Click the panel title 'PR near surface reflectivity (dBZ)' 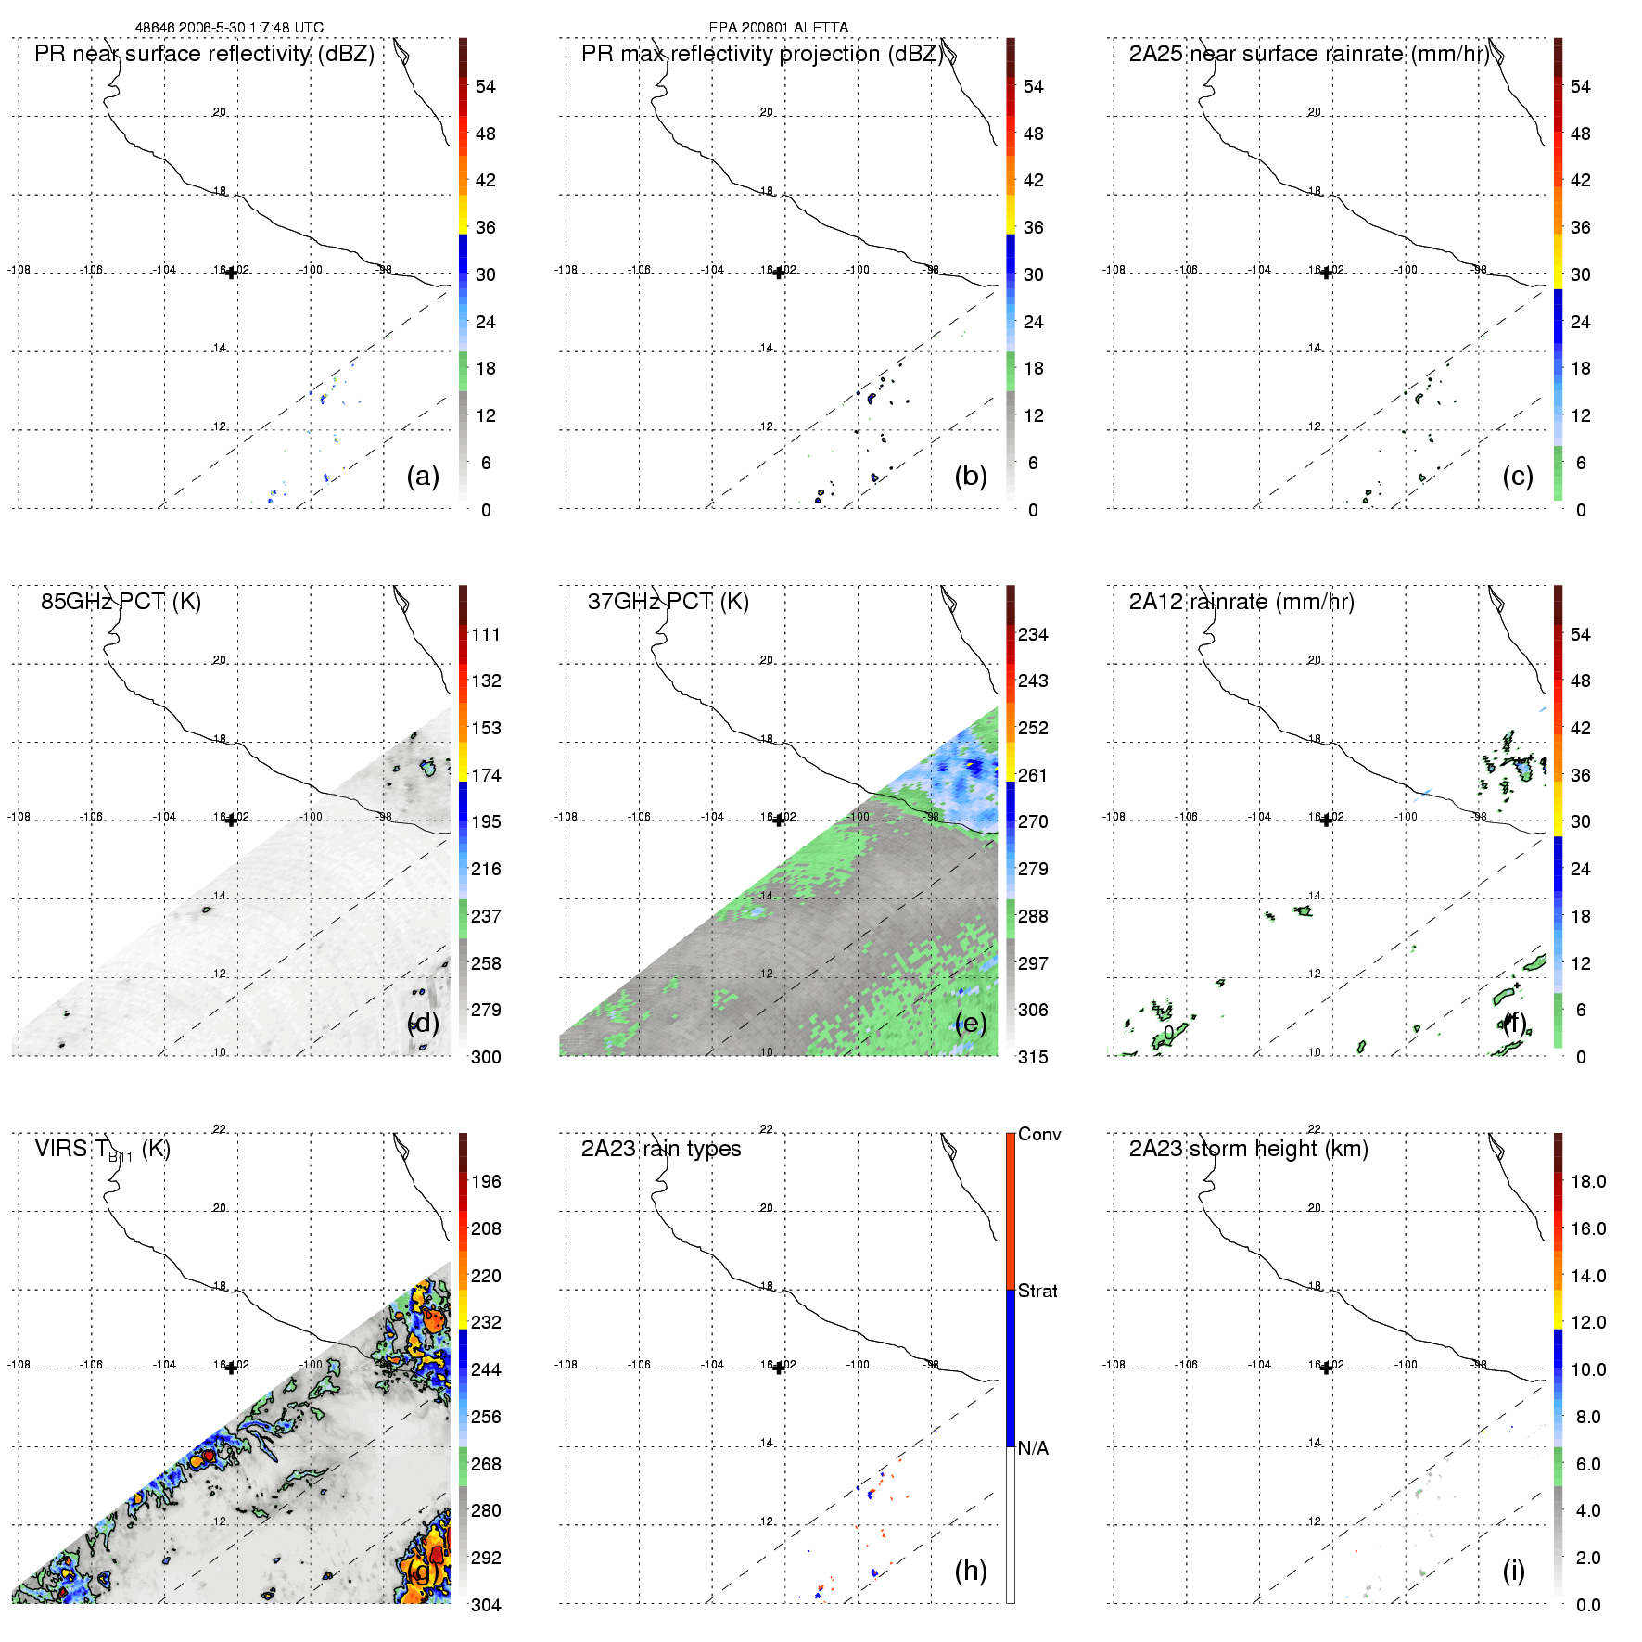[204, 54]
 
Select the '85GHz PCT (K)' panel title [121, 602]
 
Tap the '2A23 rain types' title [661, 1149]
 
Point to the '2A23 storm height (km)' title [1248, 1149]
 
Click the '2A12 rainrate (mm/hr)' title [1241, 602]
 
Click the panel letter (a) [423, 476]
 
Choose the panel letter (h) [971, 1571]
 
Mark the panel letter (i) [1513, 1571]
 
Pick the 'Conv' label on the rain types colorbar [1039, 1134]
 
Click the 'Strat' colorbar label [1037, 1291]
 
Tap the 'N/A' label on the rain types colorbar [1033, 1448]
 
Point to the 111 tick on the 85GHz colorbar [486, 634]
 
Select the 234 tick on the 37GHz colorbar [1033, 634]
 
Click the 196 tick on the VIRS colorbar [486, 1181]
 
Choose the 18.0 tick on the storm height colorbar [1588, 1181]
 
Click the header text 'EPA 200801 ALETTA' [778, 28]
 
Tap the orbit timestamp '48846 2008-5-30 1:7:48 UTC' [229, 28]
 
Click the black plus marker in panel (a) [231, 273]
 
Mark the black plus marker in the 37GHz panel [779, 820]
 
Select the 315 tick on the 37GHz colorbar [1033, 1057]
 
